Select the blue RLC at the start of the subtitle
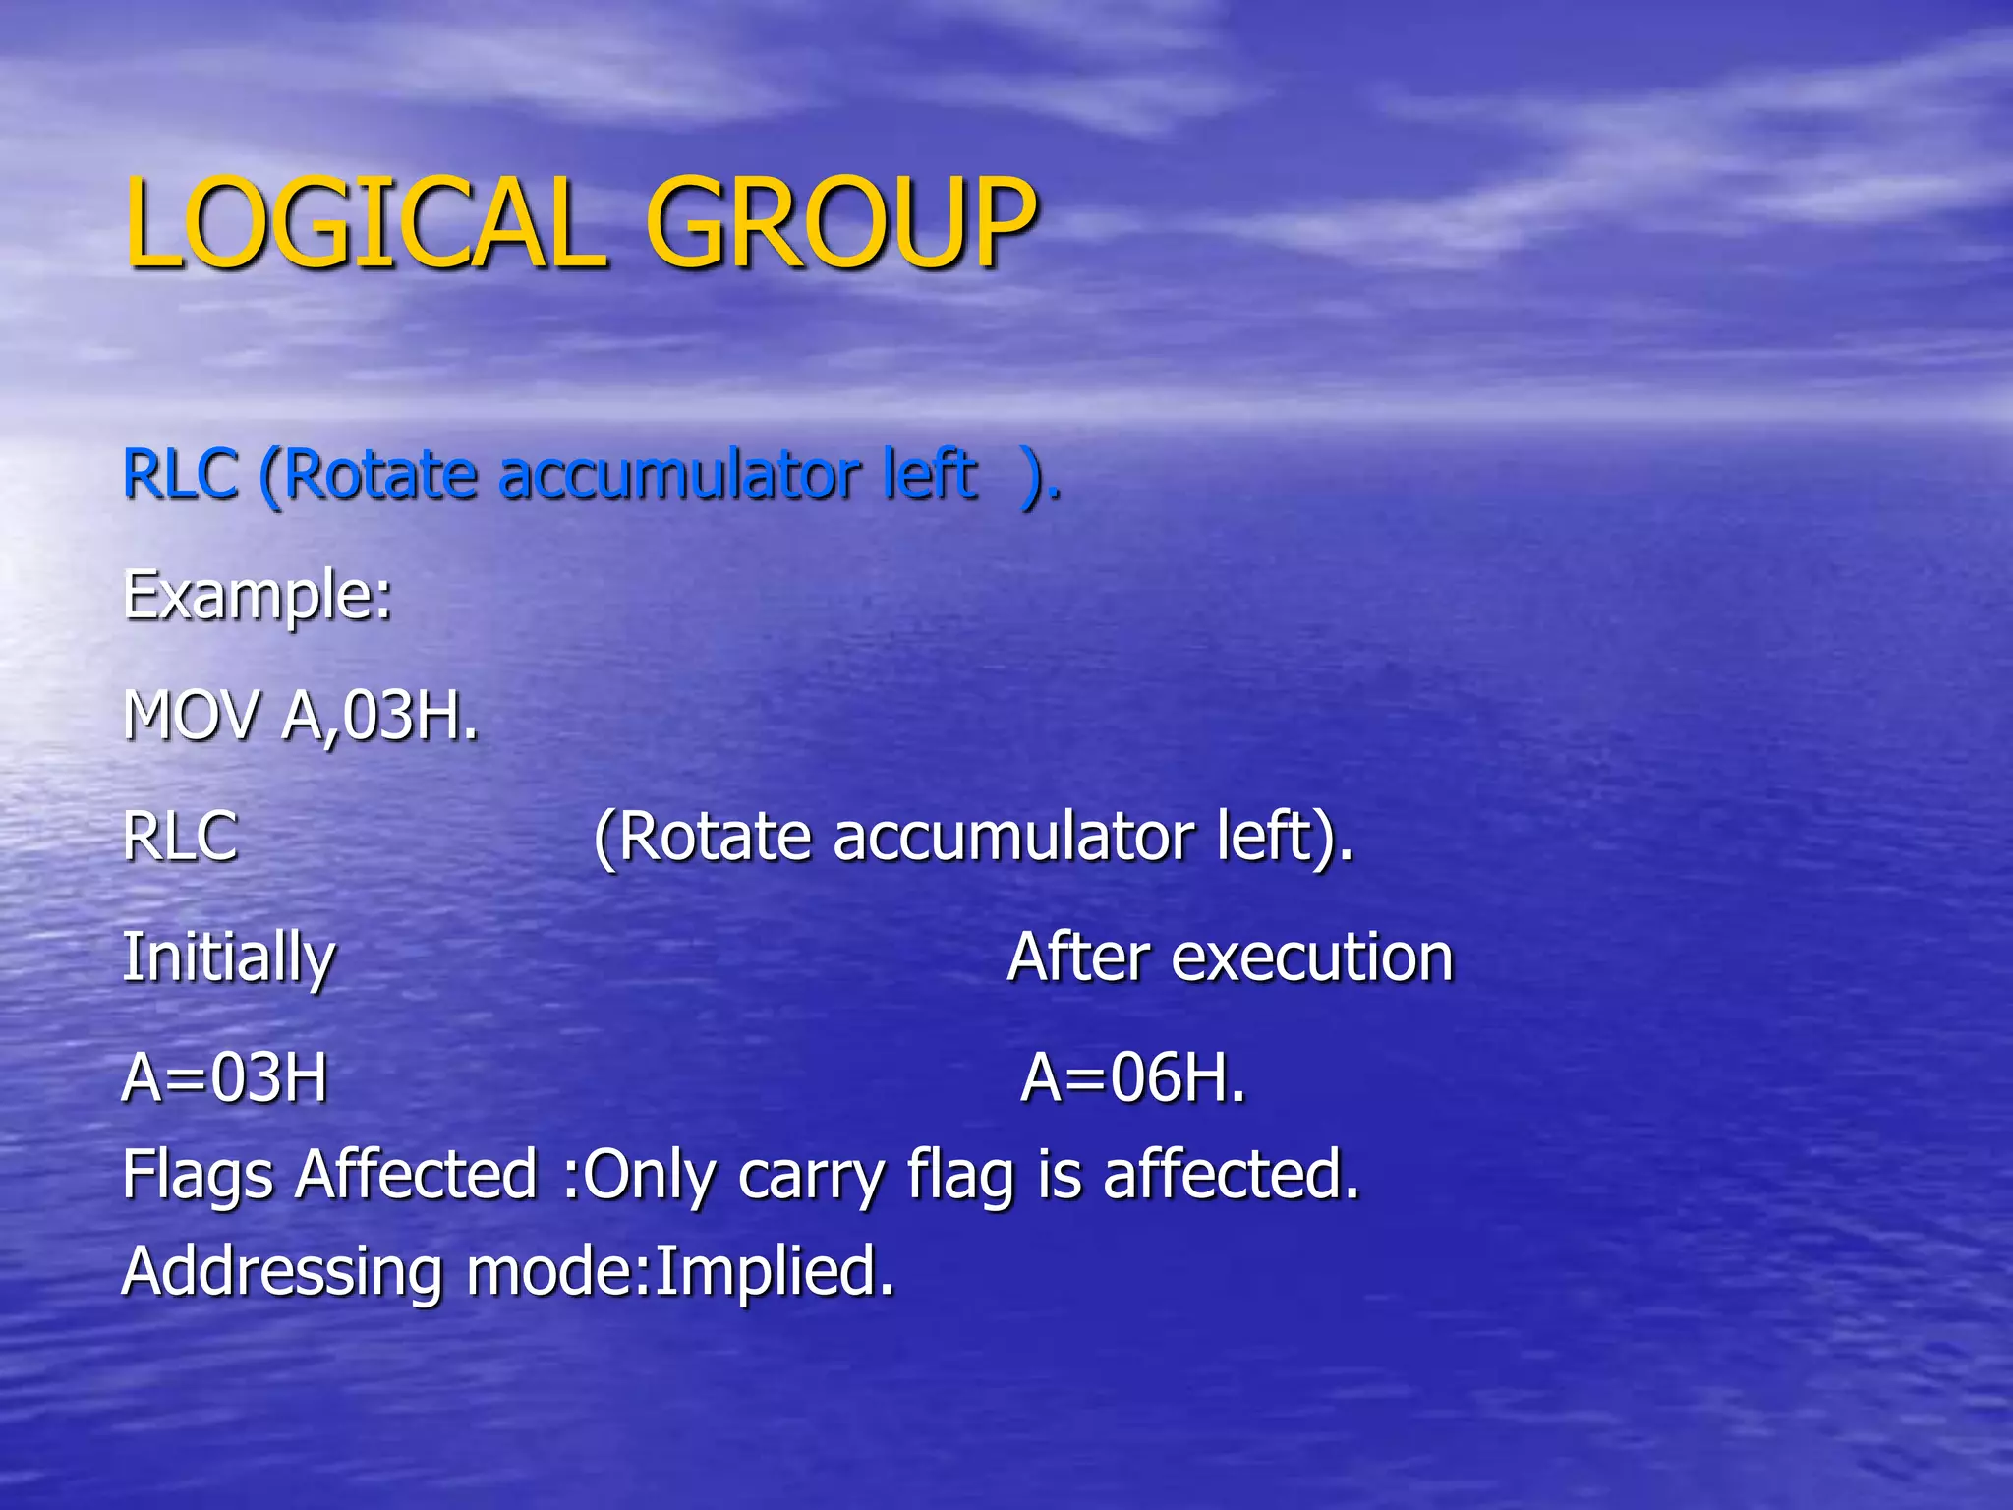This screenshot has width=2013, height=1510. (181, 475)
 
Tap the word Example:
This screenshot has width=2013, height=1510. (258, 596)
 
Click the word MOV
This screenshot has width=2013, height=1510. (193, 715)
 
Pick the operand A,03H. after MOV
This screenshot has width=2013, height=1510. (380, 717)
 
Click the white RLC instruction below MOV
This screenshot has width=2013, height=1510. (181, 838)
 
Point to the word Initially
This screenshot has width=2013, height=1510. (229, 958)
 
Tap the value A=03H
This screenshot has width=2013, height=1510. (225, 1078)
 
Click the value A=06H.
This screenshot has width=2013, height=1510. (1133, 1078)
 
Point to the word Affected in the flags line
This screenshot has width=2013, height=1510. (417, 1174)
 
